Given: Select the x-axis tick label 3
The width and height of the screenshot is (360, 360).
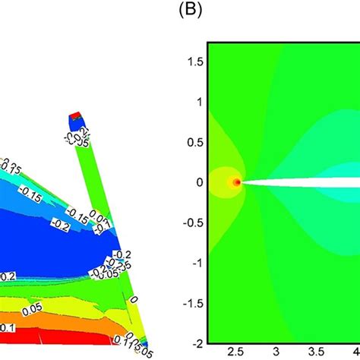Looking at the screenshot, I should (276, 353).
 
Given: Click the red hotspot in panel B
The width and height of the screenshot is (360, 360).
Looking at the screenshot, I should (236, 182).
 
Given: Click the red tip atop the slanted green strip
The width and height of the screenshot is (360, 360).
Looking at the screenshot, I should (74, 116).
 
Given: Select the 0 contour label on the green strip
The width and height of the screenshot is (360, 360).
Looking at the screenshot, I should (134, 301).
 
